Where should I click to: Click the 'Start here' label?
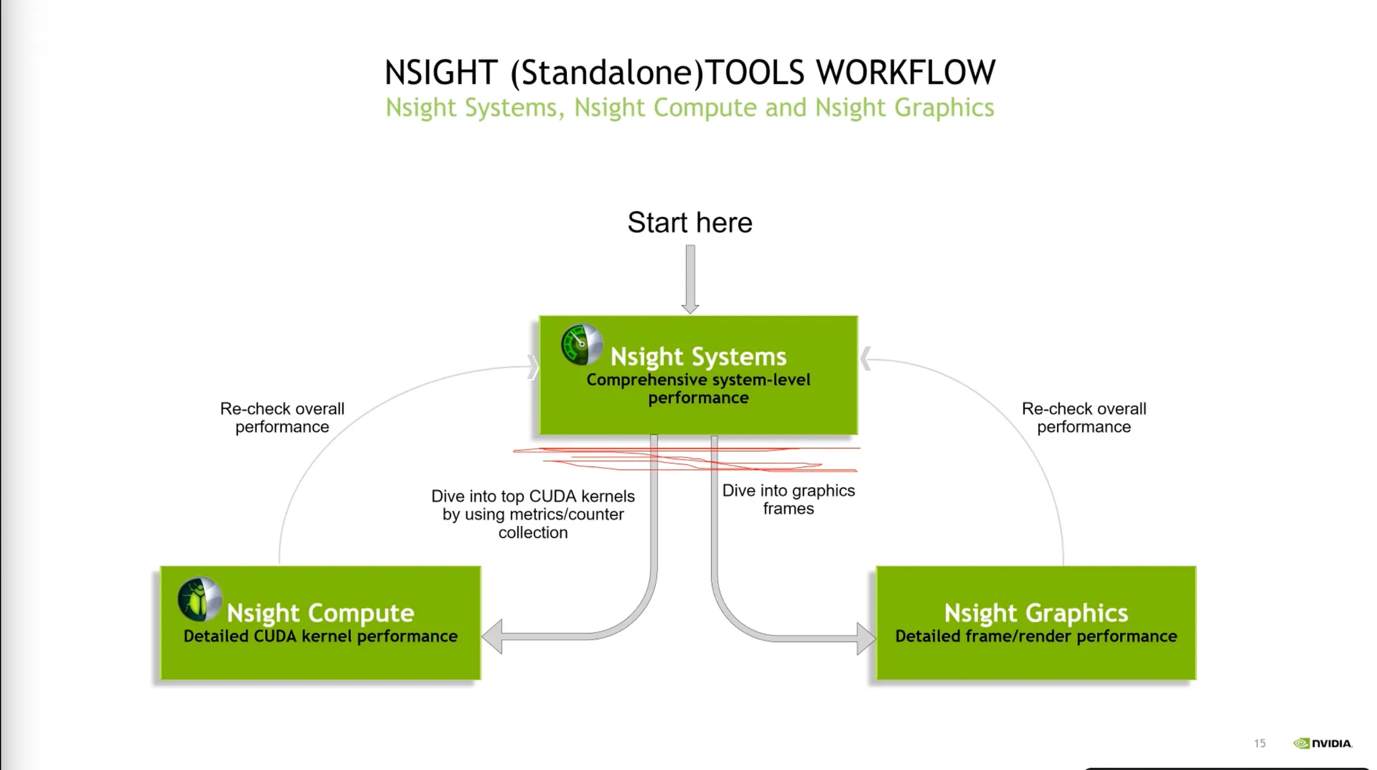[x=690, y=222]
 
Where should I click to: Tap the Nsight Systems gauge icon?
[x=582, y=345]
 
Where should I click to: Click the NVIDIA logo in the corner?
[x=1323, y=743]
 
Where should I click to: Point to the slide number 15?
[x=1259, y=743]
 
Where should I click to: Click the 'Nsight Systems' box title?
[x=698, y=356]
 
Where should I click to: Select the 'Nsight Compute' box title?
[x=320, y=613]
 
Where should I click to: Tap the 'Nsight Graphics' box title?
[x=1035, y=613]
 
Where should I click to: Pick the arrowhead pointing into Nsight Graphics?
[x=866, y=638]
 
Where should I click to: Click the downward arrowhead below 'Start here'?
[x=690, y=308]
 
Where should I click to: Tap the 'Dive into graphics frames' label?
[x=788, y=499]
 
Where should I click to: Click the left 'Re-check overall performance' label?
[x=282, y=417]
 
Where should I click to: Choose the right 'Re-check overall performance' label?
[x=1084, y=417]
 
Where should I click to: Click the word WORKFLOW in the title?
[x=906, y=73]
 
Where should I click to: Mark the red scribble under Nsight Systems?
[x=686, y=458]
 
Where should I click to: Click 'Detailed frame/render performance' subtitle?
[x=1035, y=636]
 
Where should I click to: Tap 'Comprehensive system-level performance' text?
[x=698, y=388]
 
